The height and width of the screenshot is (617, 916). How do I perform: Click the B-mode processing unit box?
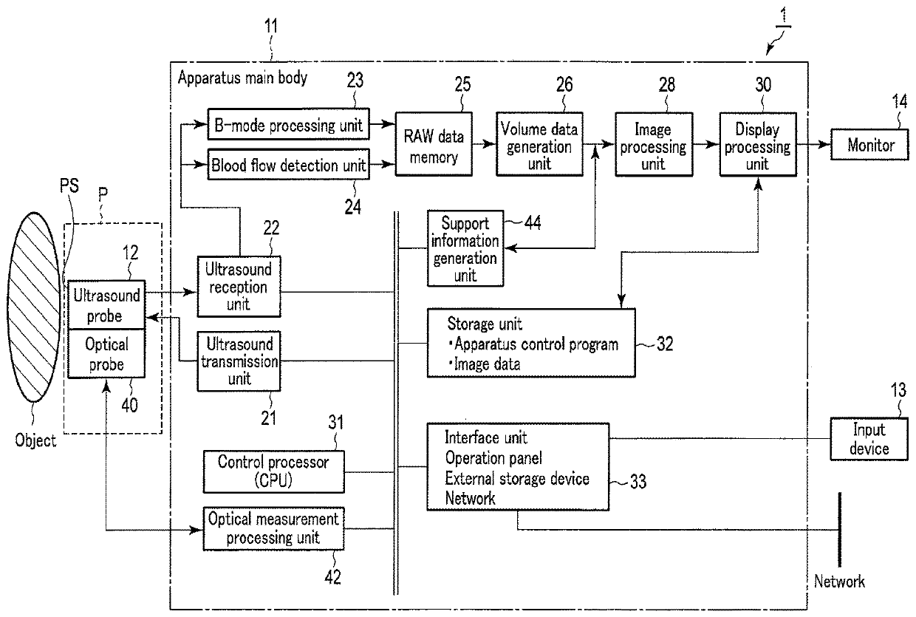point(289,124)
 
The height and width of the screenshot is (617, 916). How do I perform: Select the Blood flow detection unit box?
point(289,165)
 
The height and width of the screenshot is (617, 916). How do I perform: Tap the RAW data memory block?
point(434,144)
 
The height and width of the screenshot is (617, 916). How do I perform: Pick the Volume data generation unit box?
point(540,144)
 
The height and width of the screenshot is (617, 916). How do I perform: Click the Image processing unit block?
point(654,144)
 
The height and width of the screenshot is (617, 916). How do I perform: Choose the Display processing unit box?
point(758,144)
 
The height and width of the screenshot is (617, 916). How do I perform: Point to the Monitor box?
point(869,144)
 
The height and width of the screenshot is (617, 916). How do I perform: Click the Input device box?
point(869,439)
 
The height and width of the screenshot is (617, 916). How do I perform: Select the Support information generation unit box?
point(465,248)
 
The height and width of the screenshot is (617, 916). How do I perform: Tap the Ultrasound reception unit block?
point(239,287)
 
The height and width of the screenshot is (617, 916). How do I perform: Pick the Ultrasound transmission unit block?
point(239,361)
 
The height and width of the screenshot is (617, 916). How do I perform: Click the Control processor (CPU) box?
point(273,471)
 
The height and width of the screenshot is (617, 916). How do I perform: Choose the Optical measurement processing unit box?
point(273,528)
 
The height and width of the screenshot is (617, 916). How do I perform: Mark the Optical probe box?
point(106,353)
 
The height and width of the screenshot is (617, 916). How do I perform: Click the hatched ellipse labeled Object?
point(34,307)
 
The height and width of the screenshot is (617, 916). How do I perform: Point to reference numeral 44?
point(533,223)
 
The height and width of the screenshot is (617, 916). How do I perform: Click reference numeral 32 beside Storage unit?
point(665,344)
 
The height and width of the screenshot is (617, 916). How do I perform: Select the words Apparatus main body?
point(242,78)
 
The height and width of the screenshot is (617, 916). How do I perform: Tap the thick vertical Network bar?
point(839,530)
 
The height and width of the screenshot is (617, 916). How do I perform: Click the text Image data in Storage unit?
point(487,364)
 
